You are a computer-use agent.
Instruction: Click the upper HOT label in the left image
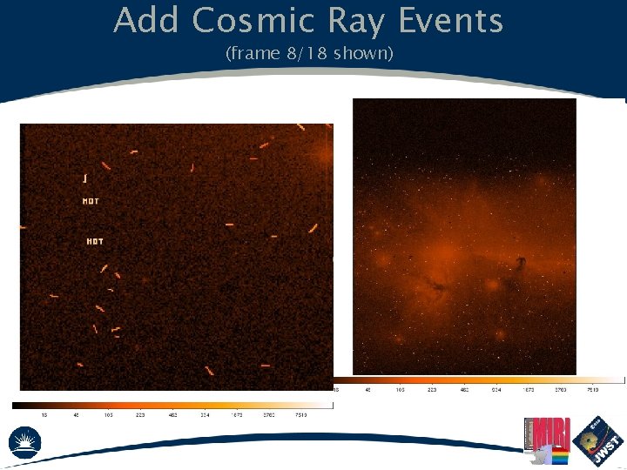point(91,201)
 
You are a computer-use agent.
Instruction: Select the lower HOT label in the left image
point(95,241)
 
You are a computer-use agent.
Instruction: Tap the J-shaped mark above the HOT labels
point(84,178)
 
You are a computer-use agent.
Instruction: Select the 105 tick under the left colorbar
point(110,415)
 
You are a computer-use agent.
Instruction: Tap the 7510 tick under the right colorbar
point(593,390)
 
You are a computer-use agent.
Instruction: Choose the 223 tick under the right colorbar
point(432,390)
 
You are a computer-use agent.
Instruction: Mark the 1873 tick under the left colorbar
point(237,415)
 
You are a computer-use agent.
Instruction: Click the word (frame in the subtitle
point(252,55)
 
